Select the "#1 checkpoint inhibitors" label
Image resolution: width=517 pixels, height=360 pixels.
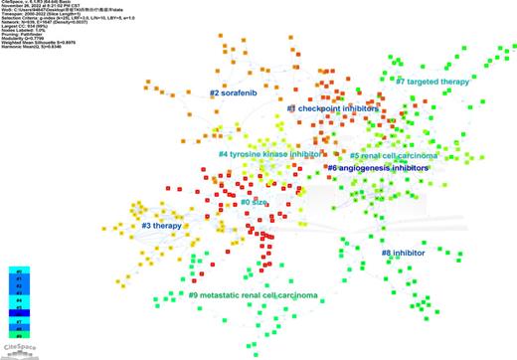coord(332,108)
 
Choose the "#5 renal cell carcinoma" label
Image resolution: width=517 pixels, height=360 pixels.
coord(394,156)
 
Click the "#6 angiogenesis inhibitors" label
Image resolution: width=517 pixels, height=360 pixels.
coord(377,169)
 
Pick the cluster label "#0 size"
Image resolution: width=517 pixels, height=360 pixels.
coord(254,203)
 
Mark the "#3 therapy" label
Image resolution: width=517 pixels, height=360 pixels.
coord(160,227)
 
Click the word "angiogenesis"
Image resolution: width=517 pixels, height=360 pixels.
coord(369,169)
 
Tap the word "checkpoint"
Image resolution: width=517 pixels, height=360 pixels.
coord(326,108)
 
